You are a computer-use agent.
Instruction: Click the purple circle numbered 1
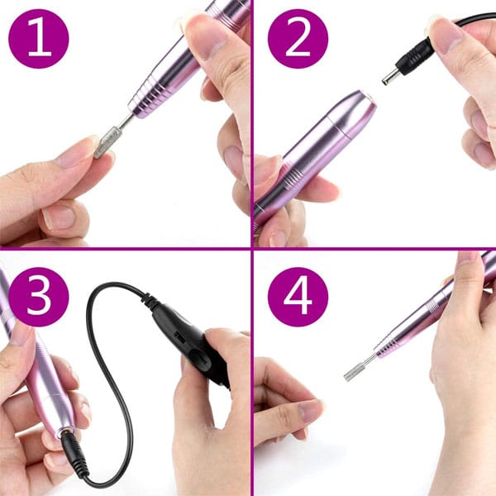[39, 39]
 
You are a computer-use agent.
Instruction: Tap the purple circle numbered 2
[298, 39]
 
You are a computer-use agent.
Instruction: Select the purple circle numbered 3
[39, 297]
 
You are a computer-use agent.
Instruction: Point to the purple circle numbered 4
[298, 297]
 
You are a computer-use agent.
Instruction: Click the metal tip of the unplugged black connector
[389, 78]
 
